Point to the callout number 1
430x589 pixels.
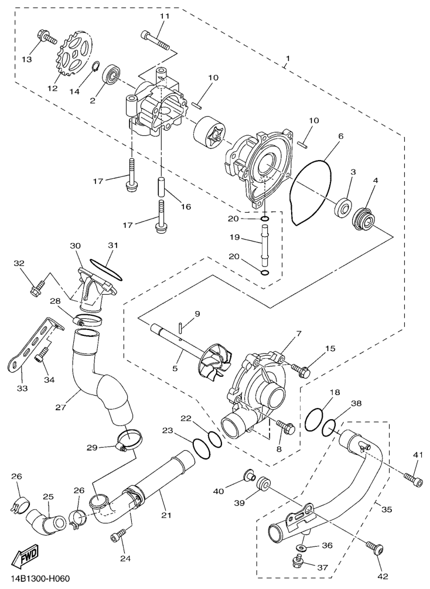click(287, 59)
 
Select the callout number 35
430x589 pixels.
click(386, 509)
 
